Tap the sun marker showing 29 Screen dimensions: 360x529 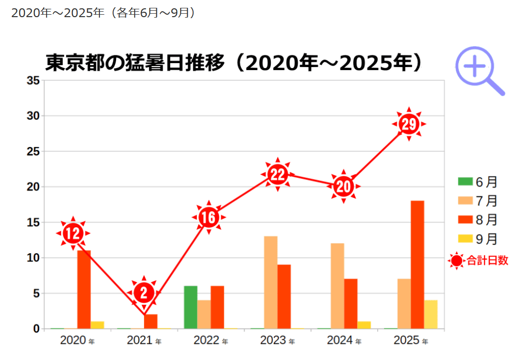point(409,124)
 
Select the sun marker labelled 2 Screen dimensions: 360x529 point(144,293)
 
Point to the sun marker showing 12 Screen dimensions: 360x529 point(73,234)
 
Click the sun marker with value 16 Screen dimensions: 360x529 point(209,217)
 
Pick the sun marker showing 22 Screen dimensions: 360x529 point(278,174)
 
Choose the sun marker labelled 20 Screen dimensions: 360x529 point(344,187)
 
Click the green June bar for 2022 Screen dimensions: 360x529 point(191,307)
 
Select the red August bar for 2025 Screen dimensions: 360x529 point(417,264)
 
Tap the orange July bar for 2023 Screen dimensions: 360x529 point(270,282)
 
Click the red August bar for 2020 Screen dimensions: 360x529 point(84,289)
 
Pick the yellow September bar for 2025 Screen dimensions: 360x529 point(431,314)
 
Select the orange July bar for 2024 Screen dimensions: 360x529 point(337,286)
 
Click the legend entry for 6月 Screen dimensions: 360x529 point(478,182)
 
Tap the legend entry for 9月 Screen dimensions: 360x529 point(478,239)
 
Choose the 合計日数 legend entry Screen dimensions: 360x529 point(479,261)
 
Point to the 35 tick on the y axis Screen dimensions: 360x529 point(33,81)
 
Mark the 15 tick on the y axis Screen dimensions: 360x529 point(33,222)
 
